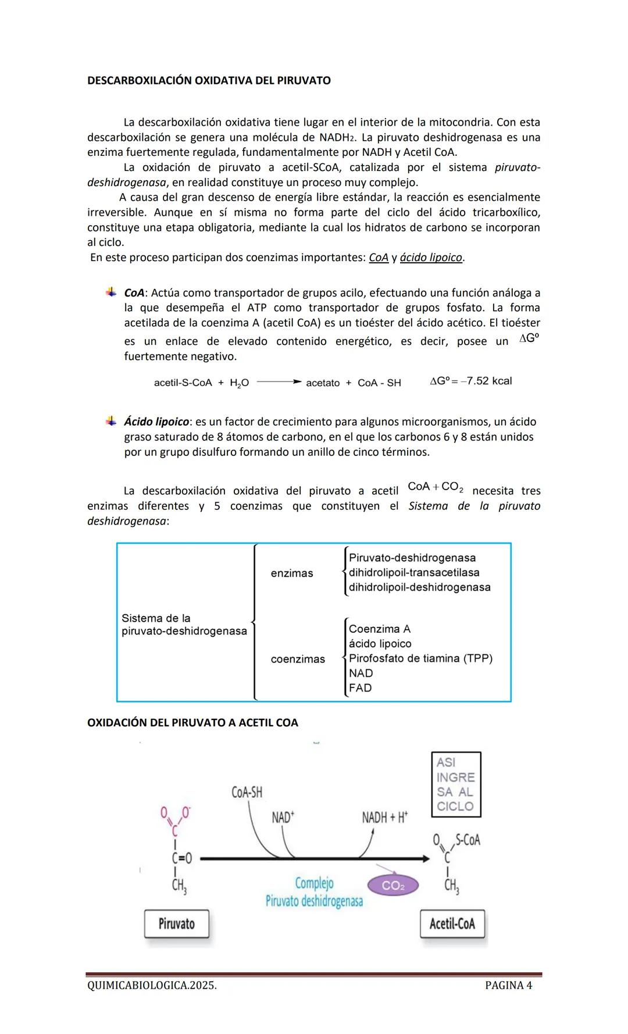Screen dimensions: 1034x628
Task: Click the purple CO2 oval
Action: click(393, 886)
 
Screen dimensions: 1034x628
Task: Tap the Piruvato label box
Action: click(176, 924)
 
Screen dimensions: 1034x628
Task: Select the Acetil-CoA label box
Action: click(452, 924)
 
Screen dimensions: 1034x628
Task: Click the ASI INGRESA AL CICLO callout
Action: click(456, 784)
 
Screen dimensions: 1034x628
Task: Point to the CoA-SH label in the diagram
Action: click(247, 792)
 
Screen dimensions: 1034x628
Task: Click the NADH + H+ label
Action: click(384, 818)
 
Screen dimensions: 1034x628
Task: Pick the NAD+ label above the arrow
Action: click(283, 818)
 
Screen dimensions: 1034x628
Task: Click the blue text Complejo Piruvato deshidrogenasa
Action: click(314, 892)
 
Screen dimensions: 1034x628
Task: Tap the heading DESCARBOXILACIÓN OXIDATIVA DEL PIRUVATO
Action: click(209, 81)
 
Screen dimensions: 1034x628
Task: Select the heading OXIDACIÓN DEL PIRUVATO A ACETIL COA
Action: click(192, 723)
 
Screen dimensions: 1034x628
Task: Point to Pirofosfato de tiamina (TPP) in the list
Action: click(420, 658)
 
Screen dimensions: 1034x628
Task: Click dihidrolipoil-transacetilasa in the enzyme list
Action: click(413, 573)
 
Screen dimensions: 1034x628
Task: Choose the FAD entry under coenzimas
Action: click(360, 688)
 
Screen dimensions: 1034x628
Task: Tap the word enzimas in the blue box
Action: click(292, 573)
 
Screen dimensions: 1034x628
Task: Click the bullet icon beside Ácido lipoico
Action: click(110, 420)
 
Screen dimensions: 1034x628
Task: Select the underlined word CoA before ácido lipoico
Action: click(379, 258)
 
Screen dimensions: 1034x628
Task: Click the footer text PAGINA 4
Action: click(508, 985)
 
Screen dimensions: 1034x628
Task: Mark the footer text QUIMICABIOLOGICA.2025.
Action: click(152, 985)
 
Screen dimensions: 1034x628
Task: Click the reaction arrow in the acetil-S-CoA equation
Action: click(279, 382)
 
